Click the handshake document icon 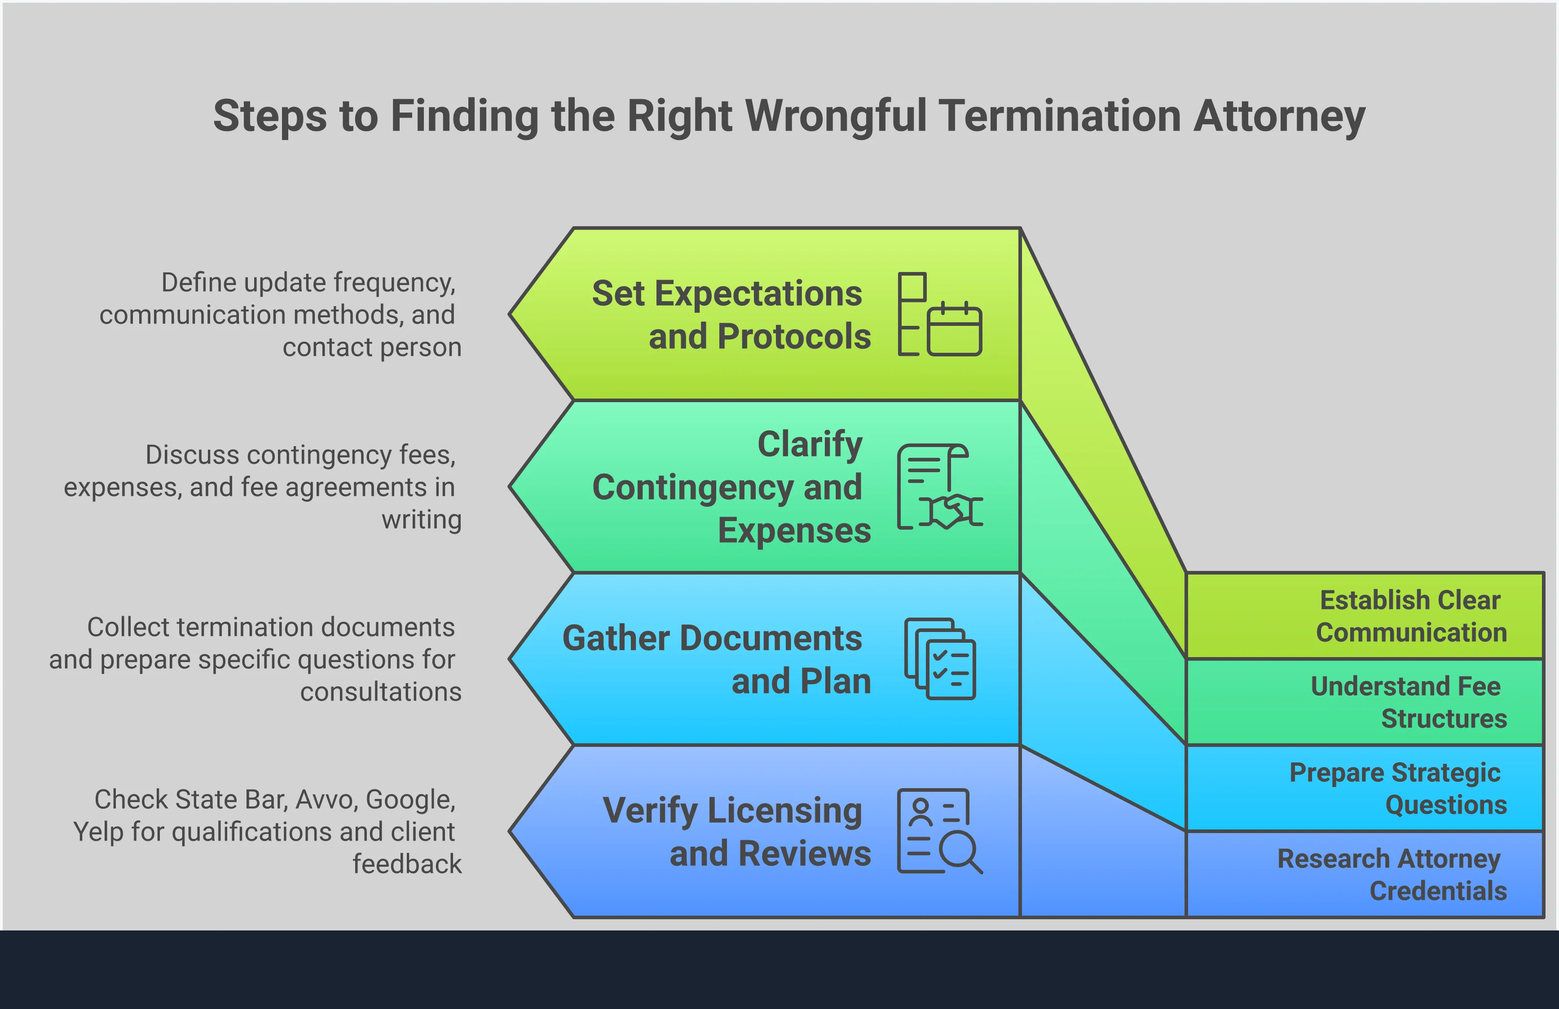tap(939, 487)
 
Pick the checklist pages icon tap(940, 659)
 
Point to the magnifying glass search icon tap(960, 851)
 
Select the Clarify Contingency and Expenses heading tap(731, 487)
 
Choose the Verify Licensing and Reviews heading tap(736, 832)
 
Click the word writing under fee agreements tap(421, 519)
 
